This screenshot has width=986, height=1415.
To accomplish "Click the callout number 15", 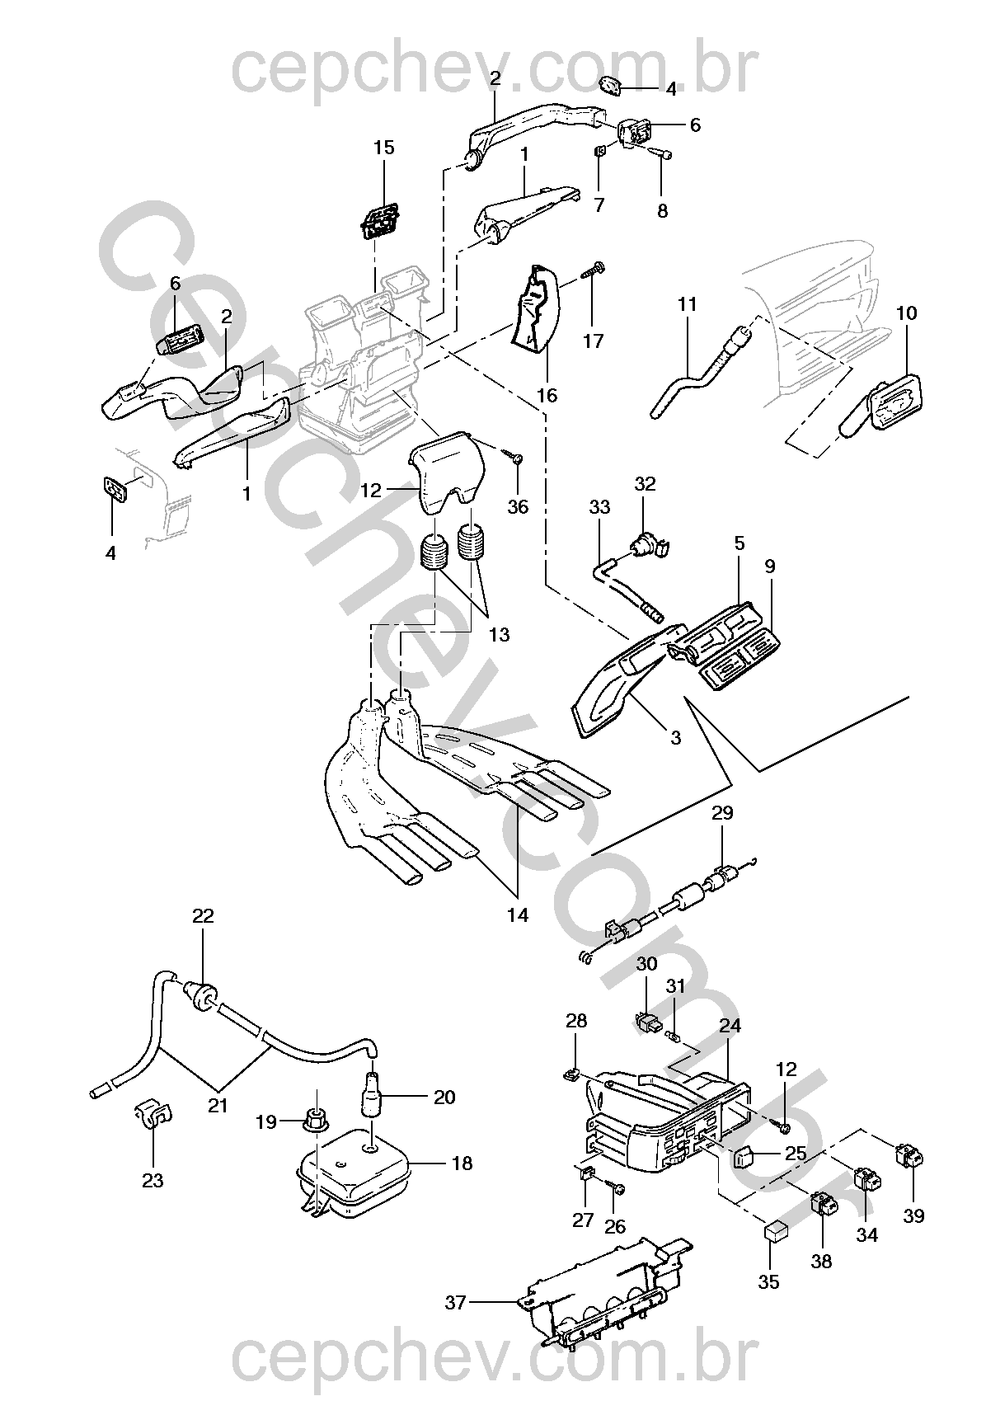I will [x=383, y=148].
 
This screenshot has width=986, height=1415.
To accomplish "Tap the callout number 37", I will [x=456, y=1303].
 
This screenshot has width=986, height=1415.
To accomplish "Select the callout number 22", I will [x=203, y=916].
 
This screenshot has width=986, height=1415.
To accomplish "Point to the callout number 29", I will [x=722, y=814].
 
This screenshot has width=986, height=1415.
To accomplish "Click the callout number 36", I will [x=517, y=507].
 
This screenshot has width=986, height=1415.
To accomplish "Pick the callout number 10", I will [x=906, y=313].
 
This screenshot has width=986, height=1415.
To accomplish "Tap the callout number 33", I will [x=599, y=507].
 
